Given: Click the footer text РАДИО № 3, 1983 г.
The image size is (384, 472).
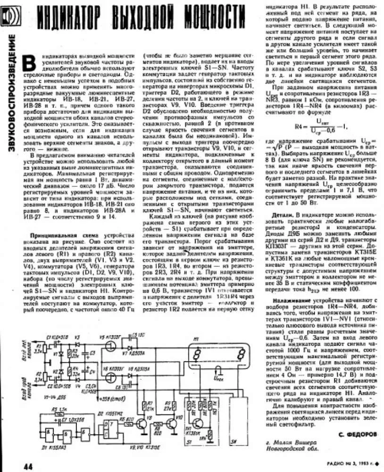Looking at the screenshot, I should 354,464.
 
